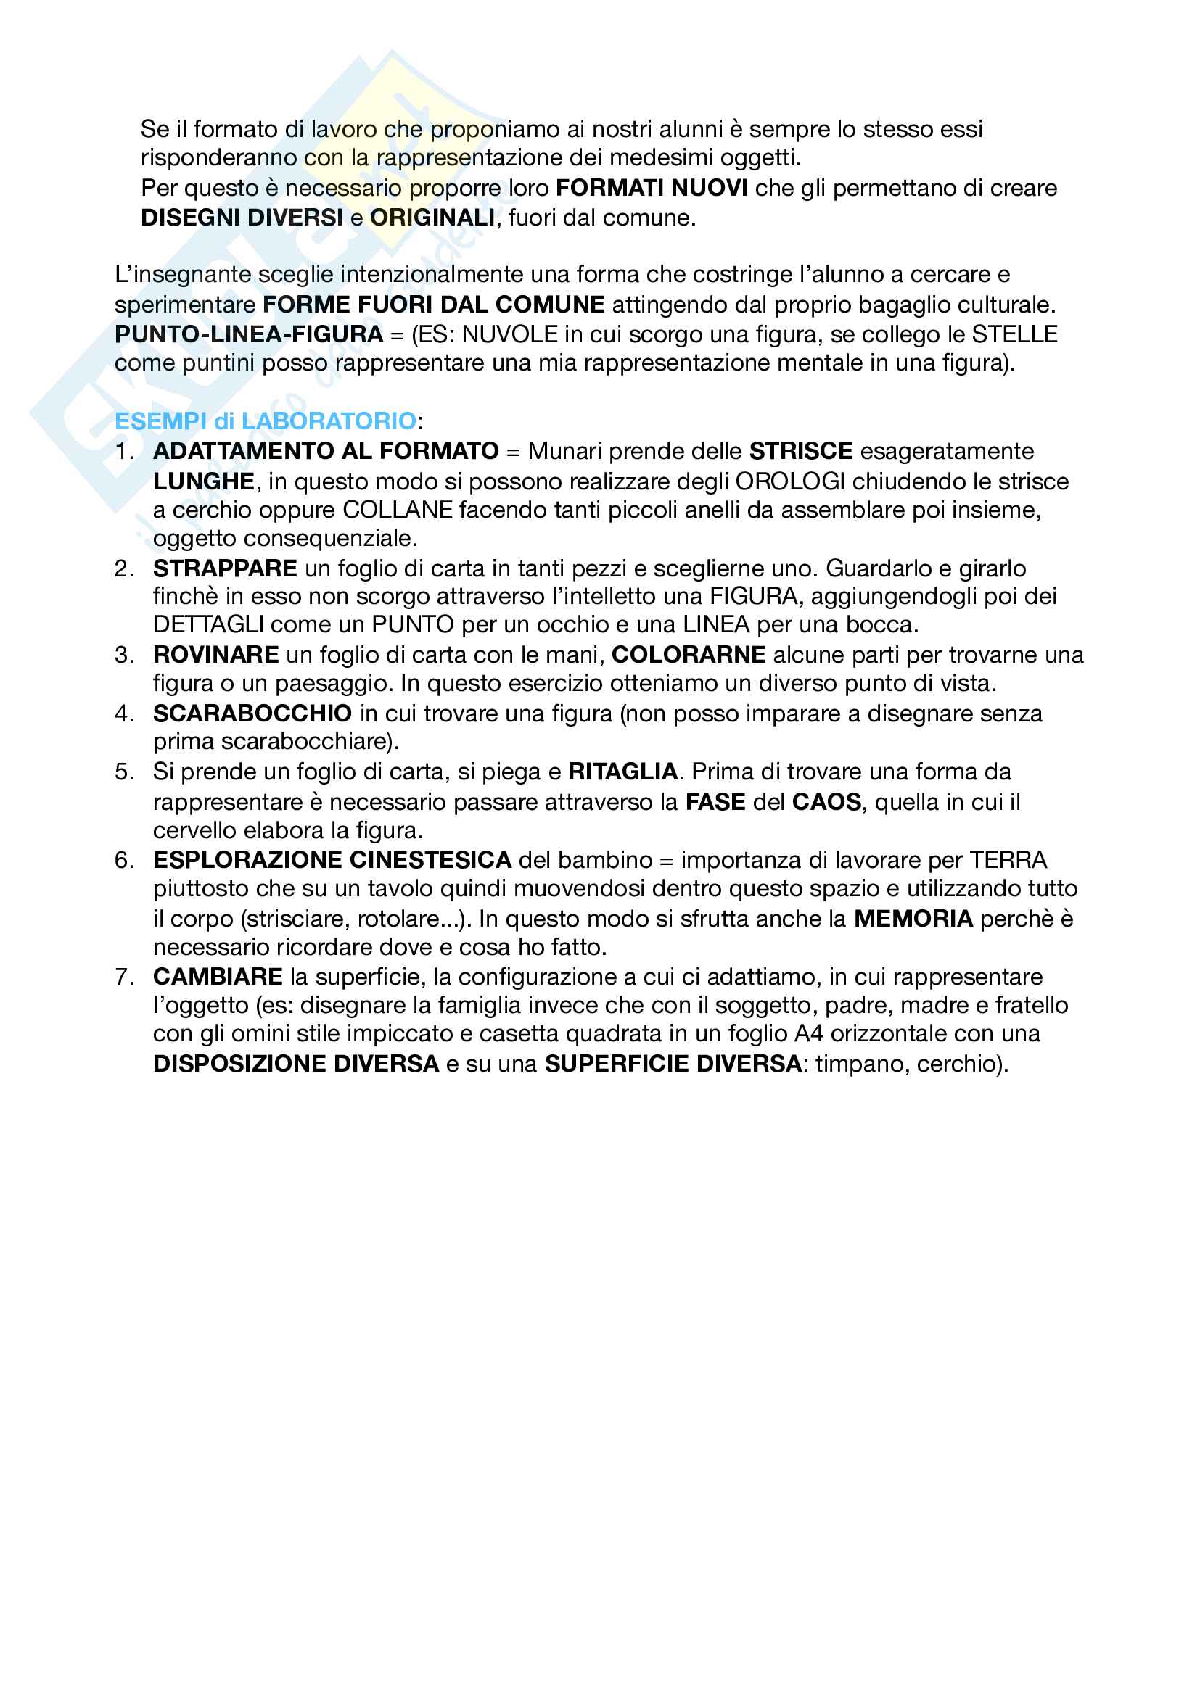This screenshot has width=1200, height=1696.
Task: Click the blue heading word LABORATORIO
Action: [x=329, y=421]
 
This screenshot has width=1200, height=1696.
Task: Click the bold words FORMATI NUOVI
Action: [x=651, y=189]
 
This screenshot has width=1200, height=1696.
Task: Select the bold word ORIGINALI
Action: [x=432, y=218]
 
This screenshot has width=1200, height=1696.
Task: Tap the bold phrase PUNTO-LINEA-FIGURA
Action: [x=249, y=334]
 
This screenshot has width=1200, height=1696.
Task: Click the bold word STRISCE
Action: [x=801, y=451]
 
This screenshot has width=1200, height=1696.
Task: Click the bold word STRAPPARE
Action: [x=225, y=568]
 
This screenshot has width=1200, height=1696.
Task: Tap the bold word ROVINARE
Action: [x=215, y=655]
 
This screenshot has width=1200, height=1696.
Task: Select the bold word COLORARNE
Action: [x=689, y=655]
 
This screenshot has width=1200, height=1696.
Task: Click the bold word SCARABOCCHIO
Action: [x=252, y=713]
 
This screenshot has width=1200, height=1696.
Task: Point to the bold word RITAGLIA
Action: [x=623, y=772]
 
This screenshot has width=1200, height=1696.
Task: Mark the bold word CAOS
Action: [x=826, y=802]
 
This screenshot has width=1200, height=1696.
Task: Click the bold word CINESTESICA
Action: [x=430, y=861]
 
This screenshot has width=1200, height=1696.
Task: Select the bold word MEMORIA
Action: [x=913, y=919]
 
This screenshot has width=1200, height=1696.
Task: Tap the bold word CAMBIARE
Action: [x=218, y=977]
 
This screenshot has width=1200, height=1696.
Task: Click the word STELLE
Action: [x=1014, y=334]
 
